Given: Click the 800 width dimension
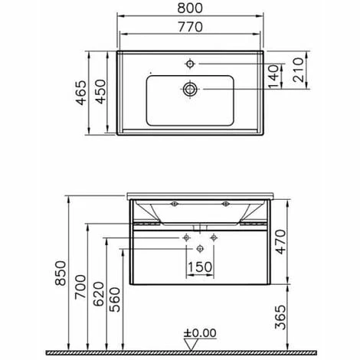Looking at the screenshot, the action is coord(190,8).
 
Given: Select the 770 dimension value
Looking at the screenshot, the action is coord(190,27).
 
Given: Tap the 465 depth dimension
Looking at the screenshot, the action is coord(81,93).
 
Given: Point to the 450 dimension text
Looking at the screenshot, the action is coord(100,92).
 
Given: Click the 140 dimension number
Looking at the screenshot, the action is coord(273,77).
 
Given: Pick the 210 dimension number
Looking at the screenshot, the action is coord(298,70).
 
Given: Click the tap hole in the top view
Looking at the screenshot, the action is coord(190,64).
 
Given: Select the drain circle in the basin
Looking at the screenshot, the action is coord(190,90).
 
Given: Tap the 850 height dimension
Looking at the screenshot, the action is coord(61,273).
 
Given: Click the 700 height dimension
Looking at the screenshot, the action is coord(80,286).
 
